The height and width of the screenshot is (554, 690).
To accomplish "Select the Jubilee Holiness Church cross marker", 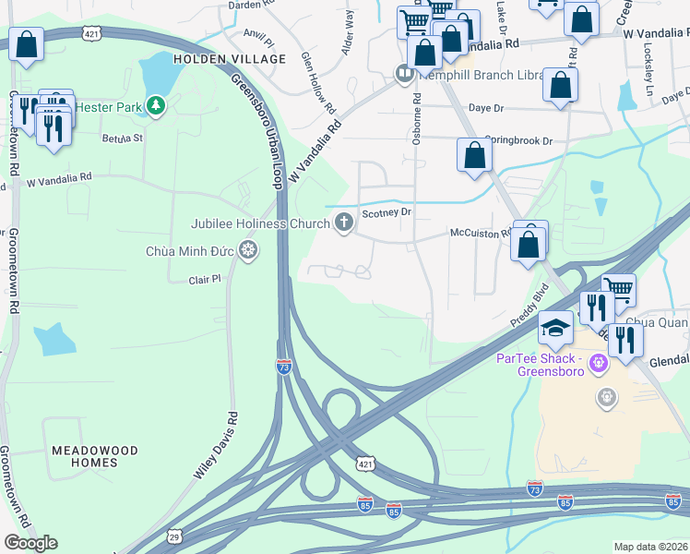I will tap(344, 222).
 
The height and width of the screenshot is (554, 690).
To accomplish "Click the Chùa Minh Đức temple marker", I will tap(247, 249).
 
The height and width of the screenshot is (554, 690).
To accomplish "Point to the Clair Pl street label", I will tap(205, 278).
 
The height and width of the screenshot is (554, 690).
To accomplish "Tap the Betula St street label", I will tap(123, 138).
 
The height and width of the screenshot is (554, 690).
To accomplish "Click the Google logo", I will tap(30, 542).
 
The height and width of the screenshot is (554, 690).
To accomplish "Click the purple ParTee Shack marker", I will tap(598, 364).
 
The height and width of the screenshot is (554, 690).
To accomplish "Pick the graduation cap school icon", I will tap(556, 328).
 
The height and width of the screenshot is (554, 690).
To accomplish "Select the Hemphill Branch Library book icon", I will tap(404, 75).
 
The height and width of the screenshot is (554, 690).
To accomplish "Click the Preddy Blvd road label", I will tap(529, 304).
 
